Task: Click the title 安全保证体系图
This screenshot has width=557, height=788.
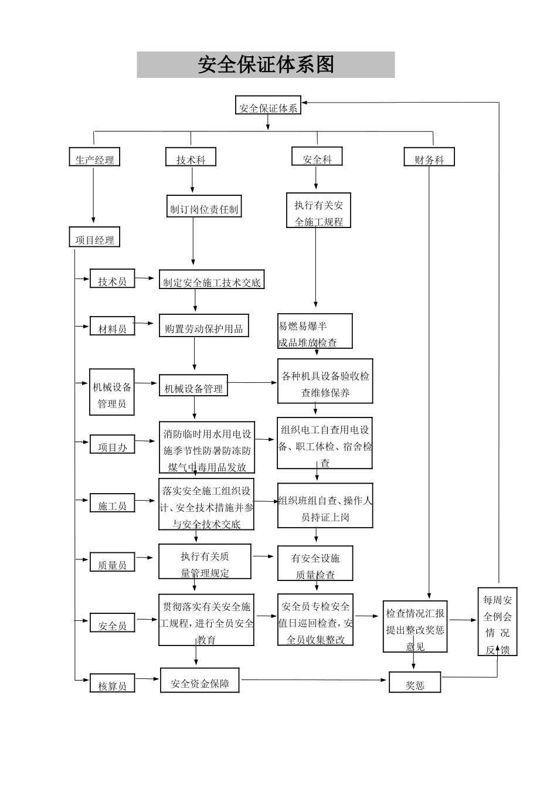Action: point(266,64)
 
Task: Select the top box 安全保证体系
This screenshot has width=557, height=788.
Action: point(268,106)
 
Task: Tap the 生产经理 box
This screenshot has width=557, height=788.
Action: point(94,157)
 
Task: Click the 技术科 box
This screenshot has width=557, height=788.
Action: point(191,157)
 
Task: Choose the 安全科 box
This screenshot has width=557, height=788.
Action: point(317,157)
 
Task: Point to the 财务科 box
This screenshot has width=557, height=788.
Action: point(429,157)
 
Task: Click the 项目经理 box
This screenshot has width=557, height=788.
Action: point(94,237)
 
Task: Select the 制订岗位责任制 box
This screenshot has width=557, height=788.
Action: point(203,207)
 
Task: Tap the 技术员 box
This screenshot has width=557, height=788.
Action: point(112,279)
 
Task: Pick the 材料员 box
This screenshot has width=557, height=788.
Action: point(112,327)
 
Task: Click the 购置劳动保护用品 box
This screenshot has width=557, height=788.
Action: point(203,326)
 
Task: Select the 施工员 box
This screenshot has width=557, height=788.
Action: point(112,504)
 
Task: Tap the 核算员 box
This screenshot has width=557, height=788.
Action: point(112,683)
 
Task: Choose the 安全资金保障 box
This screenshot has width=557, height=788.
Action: point(200,681)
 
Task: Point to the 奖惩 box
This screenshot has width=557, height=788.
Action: point(415,682)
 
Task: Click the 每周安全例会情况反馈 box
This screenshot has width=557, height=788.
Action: point(497,621)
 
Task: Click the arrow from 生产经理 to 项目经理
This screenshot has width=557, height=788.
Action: point(93,193)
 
